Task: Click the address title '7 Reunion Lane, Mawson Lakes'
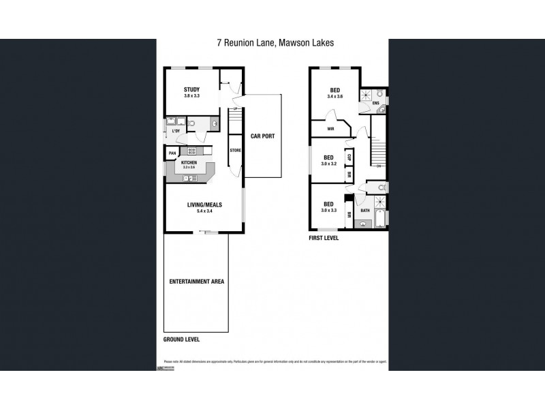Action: pos(275,42)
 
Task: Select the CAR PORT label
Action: pos(262,136)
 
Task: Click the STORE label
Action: pos(235,149)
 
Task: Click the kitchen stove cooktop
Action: pos(192,151)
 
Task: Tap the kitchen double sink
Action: pos(191,178)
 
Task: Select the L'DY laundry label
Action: pos(176,130)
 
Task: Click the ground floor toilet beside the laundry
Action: pos(193,123)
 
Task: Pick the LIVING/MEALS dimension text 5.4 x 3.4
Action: pos(205,211)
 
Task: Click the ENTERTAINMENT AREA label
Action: pos(197,281)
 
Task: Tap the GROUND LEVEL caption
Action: pos(186,339)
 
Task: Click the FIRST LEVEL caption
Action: pos(323,239)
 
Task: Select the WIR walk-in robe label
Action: pos(330,128)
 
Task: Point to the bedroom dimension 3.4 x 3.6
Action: pos(334,96)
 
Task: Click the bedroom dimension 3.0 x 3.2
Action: pos(328,164)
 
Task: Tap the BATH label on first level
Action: pos(365,211)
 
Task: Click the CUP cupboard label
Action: pos(349,157)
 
